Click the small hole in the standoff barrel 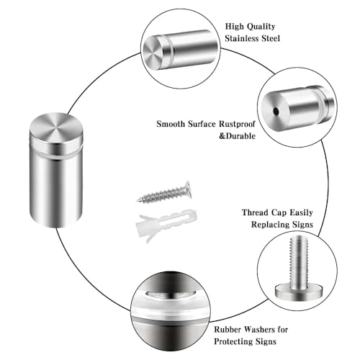276,112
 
